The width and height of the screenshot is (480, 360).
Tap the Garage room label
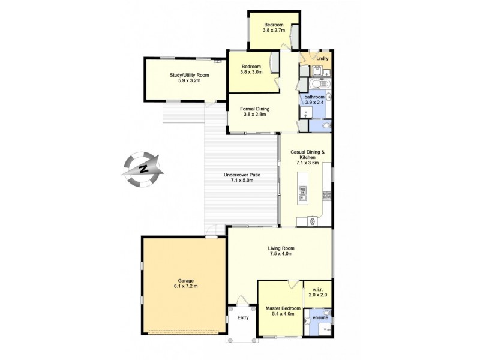[185, 280]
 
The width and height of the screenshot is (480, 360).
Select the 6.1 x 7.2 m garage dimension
[185, 286]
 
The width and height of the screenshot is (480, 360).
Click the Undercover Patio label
[242, 175]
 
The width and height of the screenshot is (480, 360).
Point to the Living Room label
[280, 247]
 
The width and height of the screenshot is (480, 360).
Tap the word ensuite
[320, 317]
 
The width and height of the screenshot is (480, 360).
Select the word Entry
[242, 318]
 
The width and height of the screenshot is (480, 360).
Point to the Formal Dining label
[255, 109]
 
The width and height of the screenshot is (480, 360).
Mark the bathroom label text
[314, 97]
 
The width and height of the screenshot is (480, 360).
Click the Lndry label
[323, 59]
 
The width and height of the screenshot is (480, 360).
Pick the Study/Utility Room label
[185, 75]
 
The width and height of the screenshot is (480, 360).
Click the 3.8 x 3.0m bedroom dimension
[251, 73]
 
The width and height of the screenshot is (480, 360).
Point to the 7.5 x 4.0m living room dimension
[280, 254]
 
